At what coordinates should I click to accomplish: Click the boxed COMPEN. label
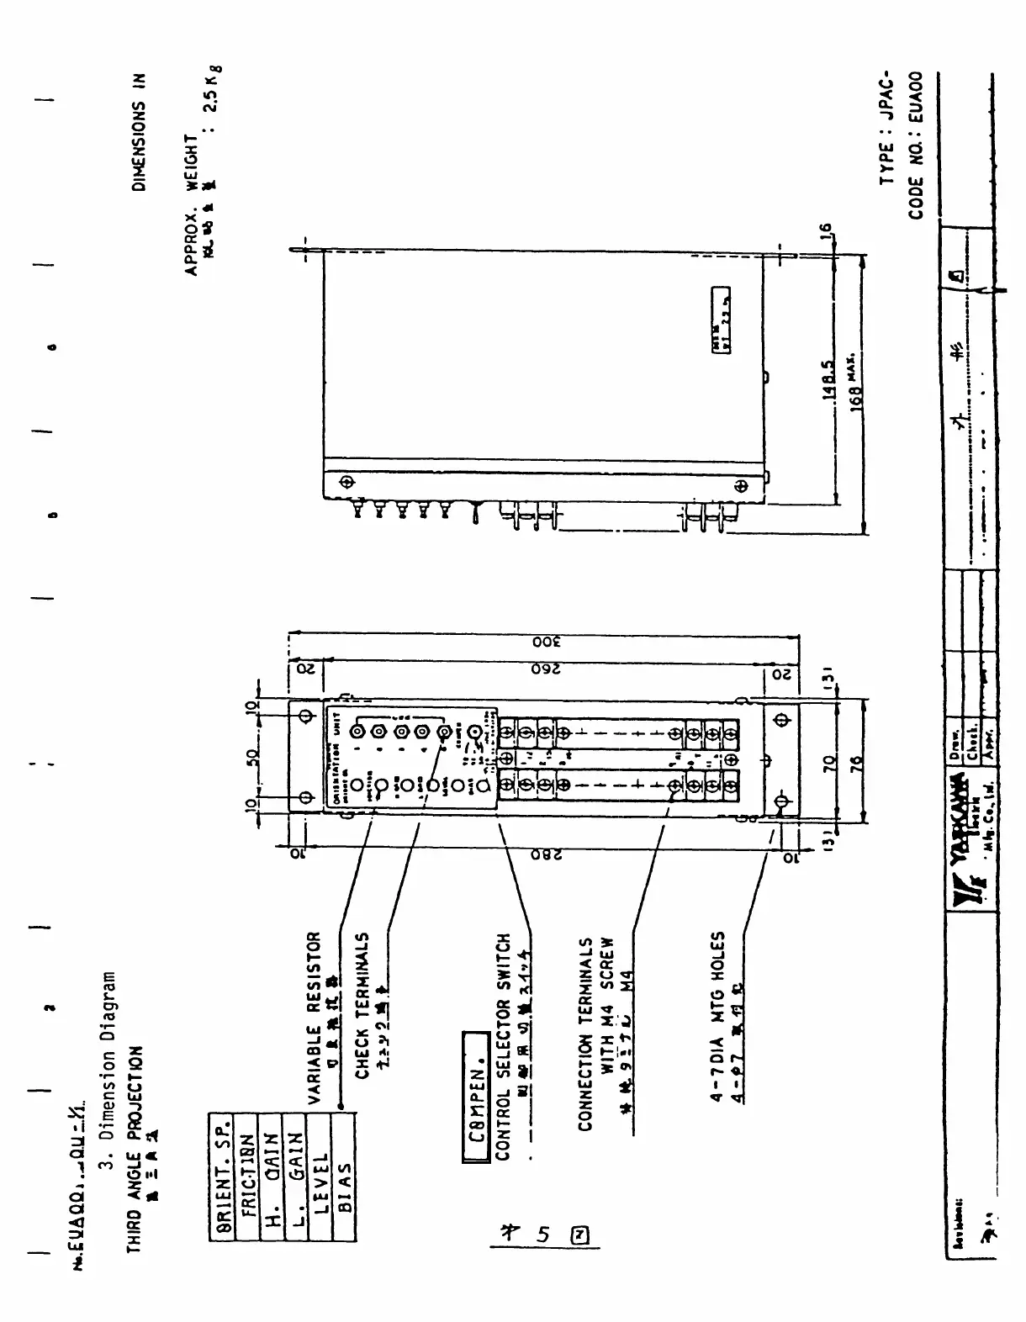click(476, 1097)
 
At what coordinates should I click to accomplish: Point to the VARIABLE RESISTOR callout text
click(313, 1018)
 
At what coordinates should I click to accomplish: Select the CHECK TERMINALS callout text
click(362, 1005)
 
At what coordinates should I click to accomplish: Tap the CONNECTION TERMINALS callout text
click(585, 1034)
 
